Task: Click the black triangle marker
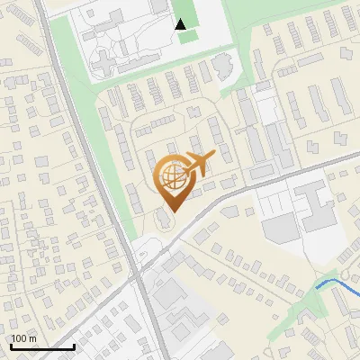(x=181, y=24)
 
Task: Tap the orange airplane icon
(x=201, y=164)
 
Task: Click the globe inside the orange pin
(x=171, y=175)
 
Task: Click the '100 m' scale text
(x=24, y=338)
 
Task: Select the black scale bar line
(x=42, y=346)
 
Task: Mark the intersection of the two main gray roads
(x=142, y=268)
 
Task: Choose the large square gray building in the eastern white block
(x=280, y=230)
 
